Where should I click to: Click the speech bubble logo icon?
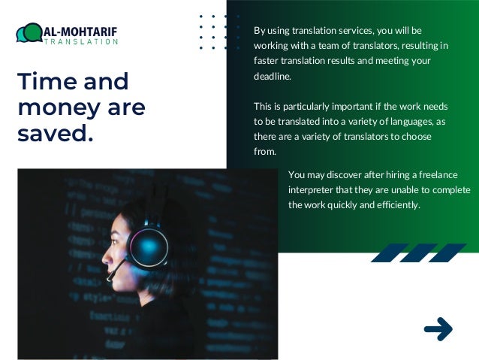(x=29, y=33)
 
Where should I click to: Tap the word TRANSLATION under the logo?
(x=81, y=42)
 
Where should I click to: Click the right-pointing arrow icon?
(x=438, y=328)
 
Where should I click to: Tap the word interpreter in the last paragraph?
(x=310, y=189)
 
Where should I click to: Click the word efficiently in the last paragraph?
(x=396, y=204)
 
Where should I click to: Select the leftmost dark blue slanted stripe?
(x=388, y=253)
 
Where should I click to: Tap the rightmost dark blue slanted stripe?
(x=448, y=253)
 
